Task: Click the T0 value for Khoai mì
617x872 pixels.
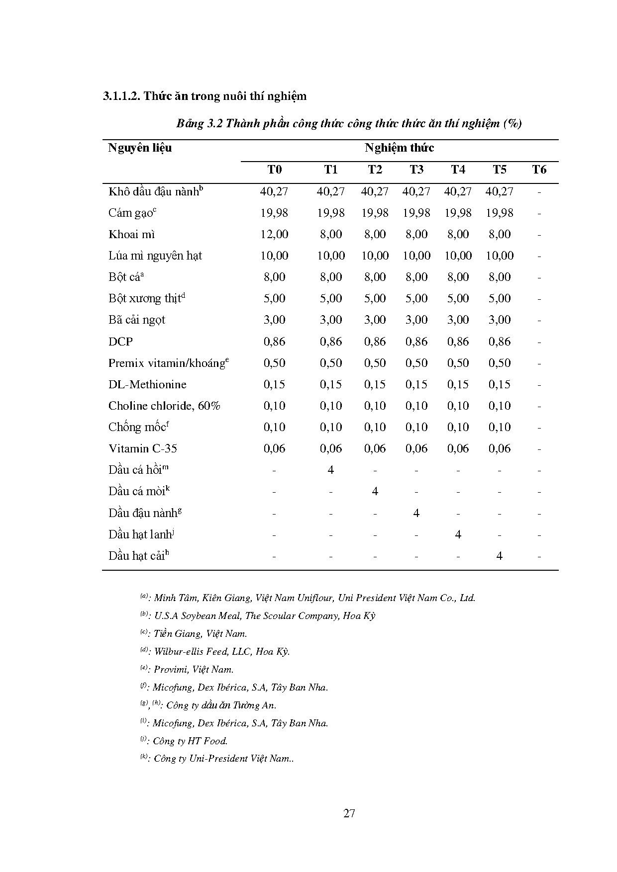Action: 274,234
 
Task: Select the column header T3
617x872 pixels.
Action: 416,170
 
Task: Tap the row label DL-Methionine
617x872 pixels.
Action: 147,384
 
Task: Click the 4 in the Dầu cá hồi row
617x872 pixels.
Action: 331,470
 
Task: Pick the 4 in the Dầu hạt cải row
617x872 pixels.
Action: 500,555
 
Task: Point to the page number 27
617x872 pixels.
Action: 349,813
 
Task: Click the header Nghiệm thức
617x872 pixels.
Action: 399,148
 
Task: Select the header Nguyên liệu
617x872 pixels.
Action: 140,148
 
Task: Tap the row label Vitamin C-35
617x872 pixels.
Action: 143,448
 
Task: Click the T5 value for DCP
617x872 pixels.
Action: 500,342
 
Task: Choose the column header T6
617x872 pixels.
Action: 539,170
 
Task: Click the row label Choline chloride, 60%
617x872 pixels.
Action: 164,406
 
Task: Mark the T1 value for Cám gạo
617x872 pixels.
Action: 331,213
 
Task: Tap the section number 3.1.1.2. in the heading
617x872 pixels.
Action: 121,96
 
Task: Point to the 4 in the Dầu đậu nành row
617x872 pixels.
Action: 416,513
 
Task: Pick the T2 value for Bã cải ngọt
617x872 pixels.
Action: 375,320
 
